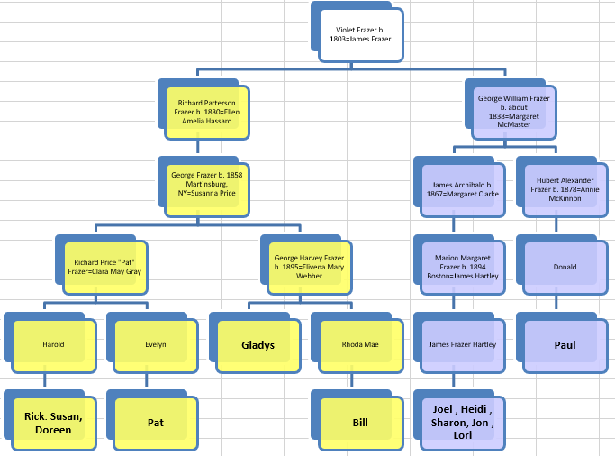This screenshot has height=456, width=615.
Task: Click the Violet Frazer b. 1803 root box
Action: coord(360,35)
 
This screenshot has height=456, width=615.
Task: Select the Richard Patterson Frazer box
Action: coord(207,113)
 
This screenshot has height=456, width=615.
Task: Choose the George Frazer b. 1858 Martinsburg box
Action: coord(207,189)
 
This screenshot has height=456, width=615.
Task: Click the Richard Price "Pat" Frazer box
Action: coord(107,267)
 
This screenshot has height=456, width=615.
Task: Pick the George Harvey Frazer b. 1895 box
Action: coord(309,267)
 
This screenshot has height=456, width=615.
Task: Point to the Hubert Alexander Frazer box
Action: coord(565,190)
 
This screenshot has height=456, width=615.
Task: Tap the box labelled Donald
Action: coord(565,267)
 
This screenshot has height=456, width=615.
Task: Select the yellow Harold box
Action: coord(53,344)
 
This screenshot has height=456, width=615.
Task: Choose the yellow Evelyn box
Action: coord(155,344)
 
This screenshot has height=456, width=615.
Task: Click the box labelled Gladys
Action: coord(258,344)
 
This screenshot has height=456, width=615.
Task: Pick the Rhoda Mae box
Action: coord(360,344)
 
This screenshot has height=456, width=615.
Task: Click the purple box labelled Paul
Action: coord(565,344)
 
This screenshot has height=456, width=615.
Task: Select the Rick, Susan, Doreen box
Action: coord(53,422)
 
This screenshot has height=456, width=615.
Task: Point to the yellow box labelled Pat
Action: coord(155,422)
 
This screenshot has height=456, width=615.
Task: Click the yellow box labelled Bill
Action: coord(360,422)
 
